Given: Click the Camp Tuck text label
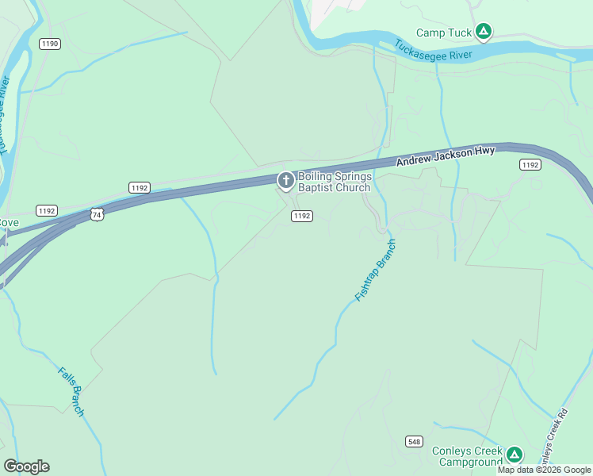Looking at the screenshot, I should point(444,33).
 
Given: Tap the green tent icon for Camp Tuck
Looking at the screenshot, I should point(484,33).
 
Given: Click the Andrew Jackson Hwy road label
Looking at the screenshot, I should point(446,155).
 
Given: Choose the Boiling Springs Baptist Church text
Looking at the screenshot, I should point(334,182).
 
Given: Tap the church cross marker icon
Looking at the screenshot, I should point(285,182).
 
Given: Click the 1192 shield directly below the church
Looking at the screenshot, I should point(301,216).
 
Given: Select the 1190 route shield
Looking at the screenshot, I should point(49,44).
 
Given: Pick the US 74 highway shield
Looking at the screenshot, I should point(96,214).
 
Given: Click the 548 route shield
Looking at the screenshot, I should point(415,441).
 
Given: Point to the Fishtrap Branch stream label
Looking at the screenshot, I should point(375,270).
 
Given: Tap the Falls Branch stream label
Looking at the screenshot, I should point(71,391).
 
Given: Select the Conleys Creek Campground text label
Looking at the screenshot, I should point(467,455).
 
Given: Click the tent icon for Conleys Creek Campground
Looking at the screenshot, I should point(515,455).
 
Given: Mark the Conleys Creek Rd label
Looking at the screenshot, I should point(558,437).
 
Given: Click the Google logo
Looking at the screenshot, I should point(26,466).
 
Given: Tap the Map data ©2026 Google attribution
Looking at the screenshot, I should point(545,470).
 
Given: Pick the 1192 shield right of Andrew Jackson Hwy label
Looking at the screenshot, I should point(530,165).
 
